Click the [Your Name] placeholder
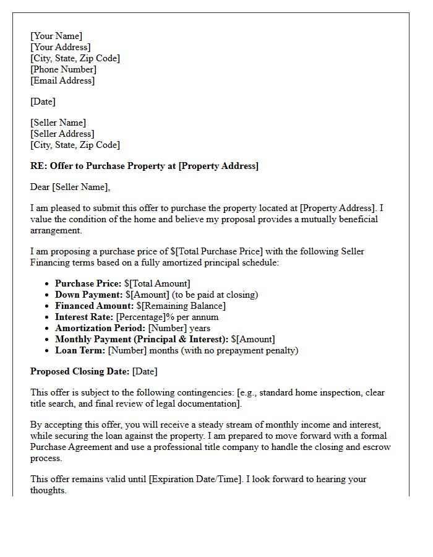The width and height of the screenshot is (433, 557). point(56,36)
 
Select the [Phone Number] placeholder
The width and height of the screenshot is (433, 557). point(64,69)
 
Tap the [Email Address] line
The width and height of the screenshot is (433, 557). point(62,80)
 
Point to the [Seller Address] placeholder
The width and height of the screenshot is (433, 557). point(62,134)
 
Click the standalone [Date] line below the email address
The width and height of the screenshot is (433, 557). point(43,101)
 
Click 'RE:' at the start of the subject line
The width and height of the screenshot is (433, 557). point(38,166)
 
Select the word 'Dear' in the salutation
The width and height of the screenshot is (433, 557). point(40,187)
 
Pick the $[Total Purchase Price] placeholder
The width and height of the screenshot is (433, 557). point(216,251)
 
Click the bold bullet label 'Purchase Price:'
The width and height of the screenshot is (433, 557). point(88,283)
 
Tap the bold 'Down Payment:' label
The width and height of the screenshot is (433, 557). point(89,295)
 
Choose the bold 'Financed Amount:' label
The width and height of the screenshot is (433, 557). point(94,306)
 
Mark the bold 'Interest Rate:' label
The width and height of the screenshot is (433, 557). point(84,317)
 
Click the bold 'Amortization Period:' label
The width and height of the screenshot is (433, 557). point(100,328)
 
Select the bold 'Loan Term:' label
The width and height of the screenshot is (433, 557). point(80,350)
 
